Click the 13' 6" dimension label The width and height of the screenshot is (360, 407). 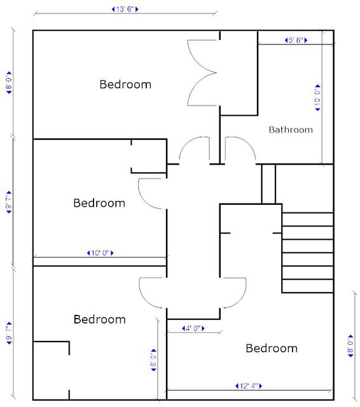coord(125,10)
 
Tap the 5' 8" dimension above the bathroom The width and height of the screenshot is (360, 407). coord(296,40)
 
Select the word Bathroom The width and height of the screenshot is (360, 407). coord(291,130)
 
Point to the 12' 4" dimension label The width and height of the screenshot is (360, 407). coord(249,386)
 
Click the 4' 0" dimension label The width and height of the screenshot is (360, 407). coord(193,328)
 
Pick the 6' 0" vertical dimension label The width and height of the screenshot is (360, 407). coord(154,360)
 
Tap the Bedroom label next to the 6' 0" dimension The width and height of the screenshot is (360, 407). coord(100,319)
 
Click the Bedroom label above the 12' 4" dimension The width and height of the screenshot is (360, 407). coord(272,348)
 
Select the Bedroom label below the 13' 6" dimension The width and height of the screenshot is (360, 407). coord(125,85)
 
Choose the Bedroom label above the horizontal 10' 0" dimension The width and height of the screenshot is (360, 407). coord(99,203)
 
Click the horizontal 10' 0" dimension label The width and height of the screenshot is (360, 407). coord(100,253)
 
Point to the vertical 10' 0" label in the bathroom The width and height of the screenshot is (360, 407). coord(317,98)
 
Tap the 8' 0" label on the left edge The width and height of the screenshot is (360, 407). coord(9,83)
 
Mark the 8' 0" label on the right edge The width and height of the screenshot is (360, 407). coord(350,346)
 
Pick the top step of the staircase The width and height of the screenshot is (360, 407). coord(308,219)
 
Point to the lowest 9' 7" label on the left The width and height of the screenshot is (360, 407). coord(9,333)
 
